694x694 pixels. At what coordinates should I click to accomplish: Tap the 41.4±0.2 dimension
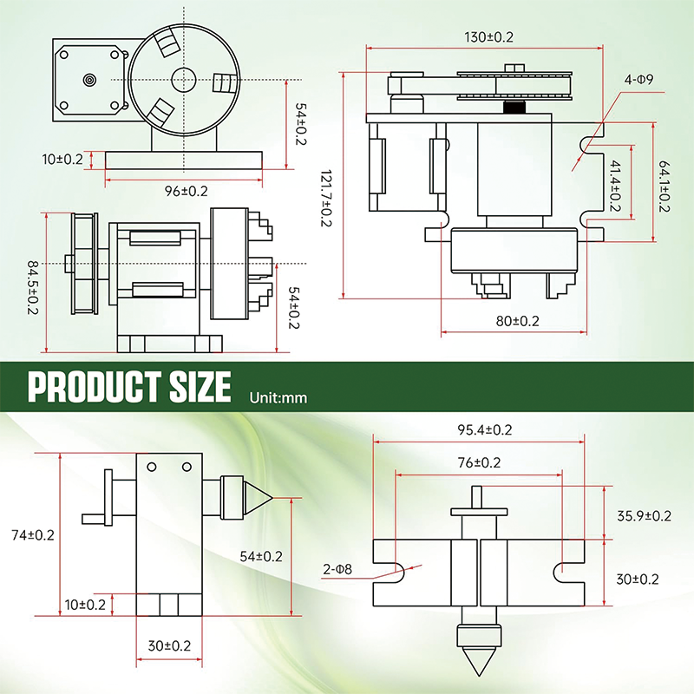[x=614, y=185]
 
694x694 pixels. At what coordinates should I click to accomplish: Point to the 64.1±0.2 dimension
[x=665, y=185]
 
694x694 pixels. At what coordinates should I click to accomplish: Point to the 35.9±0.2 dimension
[x=644, y=515]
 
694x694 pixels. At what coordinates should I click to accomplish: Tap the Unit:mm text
[x=278, y=398]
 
